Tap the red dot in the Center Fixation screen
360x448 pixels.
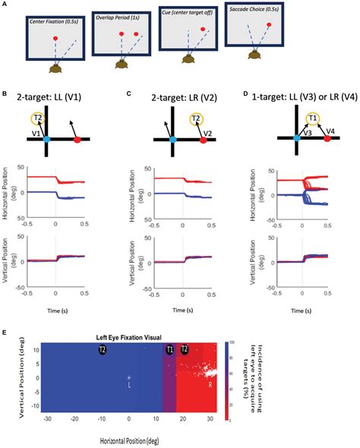(55, 38)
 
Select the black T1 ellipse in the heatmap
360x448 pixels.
(169, 350)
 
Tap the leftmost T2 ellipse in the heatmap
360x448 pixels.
(101, 350)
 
